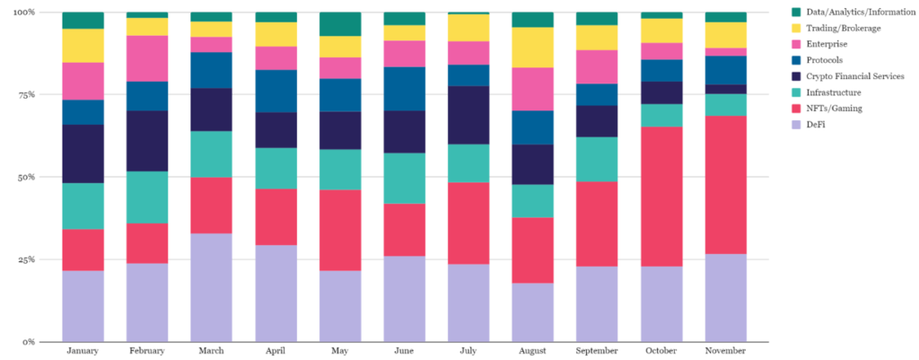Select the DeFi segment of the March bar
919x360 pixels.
212,287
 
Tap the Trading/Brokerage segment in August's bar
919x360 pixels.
532,48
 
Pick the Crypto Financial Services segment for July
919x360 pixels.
468,115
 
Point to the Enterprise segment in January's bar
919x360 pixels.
83,81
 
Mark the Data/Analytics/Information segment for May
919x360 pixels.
340,24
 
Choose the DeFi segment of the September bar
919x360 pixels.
597,303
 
